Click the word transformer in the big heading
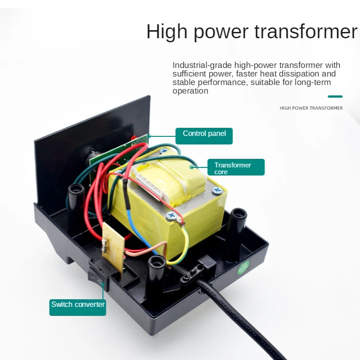(306, 32)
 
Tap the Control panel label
(204, 134)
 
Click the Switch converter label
(77, 305)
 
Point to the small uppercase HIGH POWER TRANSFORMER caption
(311, 108)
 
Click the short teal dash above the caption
(335, 96)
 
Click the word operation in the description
(190, 91)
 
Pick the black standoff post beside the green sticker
(236, 234)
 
